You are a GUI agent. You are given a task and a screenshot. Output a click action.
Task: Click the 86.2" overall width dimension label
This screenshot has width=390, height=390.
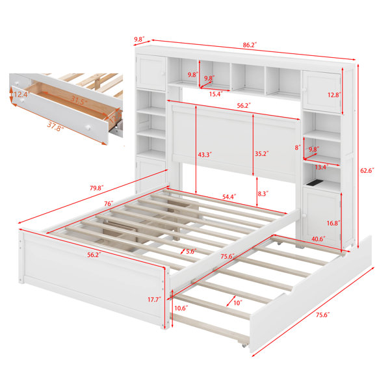pos(250,45)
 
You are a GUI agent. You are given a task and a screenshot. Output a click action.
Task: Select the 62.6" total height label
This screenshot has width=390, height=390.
pos(367,170)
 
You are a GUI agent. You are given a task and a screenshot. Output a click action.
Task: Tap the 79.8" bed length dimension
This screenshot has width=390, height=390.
pos(96,188)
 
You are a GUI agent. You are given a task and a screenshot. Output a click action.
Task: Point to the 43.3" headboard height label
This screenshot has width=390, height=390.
pos(205,155)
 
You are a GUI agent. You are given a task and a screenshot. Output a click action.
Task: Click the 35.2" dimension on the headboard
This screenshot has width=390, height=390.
pos(261,153)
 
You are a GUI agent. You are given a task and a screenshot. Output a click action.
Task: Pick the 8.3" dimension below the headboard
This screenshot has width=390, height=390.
pos(263,194)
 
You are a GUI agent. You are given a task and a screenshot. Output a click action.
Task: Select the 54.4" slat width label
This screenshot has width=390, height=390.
pos(229,197)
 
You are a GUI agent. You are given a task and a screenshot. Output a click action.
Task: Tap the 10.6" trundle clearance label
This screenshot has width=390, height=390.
pos(181,308)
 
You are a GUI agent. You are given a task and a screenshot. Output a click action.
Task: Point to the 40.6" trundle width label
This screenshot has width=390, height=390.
pos(318,239)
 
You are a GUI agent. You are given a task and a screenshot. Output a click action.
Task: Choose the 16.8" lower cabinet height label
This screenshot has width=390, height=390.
pos(333,223)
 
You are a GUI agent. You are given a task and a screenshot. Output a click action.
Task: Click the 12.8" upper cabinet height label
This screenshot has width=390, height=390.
pos(334,95)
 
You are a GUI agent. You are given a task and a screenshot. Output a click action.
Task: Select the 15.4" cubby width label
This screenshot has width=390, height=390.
pos(216,94)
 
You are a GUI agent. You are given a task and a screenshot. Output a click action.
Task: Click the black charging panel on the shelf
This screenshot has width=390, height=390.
pos(315,183)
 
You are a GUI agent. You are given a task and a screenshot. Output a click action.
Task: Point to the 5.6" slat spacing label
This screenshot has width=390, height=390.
pos(191,252)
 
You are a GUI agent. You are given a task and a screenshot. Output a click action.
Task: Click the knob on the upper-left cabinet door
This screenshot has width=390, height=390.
pos(163,73)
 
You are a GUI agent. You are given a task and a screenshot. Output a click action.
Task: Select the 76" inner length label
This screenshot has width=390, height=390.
pos(109,203)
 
